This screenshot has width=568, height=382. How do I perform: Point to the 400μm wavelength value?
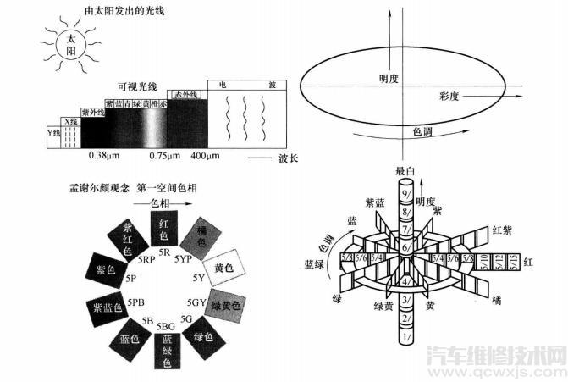pos(206,157)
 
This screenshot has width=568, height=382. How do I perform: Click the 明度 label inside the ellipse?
pos(389,79)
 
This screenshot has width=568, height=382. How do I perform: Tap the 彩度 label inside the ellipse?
pos(449,96)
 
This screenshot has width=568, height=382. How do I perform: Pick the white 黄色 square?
pos(224,268)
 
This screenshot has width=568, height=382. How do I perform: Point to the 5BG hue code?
pos(167,326)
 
